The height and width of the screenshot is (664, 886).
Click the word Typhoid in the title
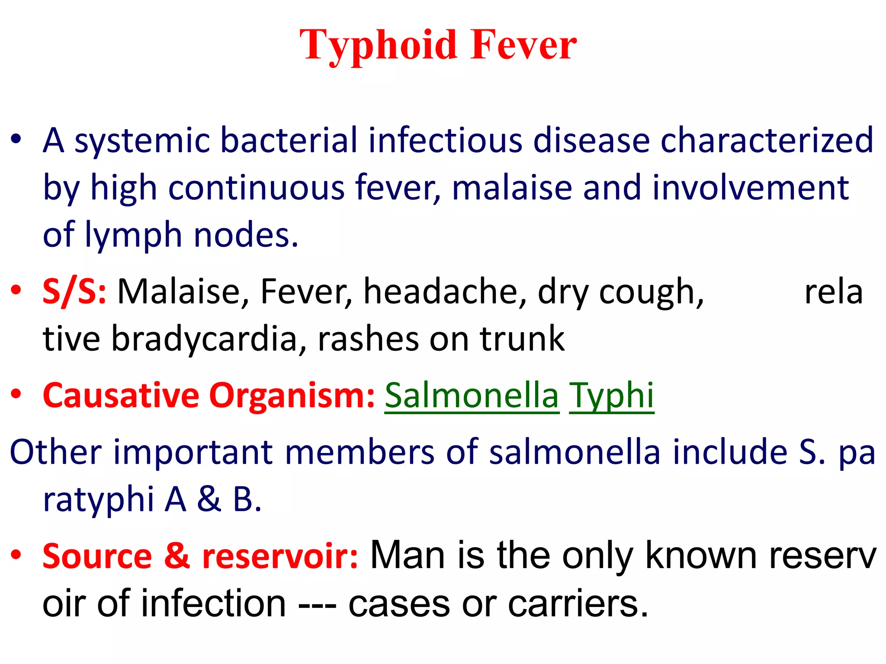[x=378, y=45]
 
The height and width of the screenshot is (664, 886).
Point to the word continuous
[x=256, y=188]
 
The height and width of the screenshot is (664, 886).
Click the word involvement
[x=751, y=188]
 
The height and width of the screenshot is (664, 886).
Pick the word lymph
[x=133, y=236]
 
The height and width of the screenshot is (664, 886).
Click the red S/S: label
[x=74, y=292]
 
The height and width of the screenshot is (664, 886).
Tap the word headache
[x=445, y=291]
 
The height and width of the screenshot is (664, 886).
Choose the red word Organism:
[x=292, y=395]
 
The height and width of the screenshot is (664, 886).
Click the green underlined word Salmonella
[x=472, y=395]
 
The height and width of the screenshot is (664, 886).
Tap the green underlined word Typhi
[x=611, y=396]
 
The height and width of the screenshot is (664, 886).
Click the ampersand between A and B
[x=209, y=499]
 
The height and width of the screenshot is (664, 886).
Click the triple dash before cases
[x=317, y=604]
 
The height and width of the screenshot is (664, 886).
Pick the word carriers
[x=578, y=603]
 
